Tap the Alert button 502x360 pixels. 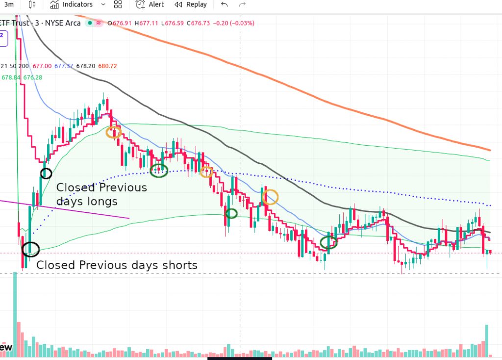[150, 4]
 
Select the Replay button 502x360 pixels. [191, 4]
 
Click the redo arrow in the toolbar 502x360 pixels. [242, 4]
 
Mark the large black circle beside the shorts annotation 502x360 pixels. [30, 249]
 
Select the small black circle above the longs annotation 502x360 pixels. [46, 173]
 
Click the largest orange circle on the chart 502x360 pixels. [270, 197]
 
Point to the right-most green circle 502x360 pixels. [328, 242]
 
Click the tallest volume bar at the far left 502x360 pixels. [15, 314]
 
